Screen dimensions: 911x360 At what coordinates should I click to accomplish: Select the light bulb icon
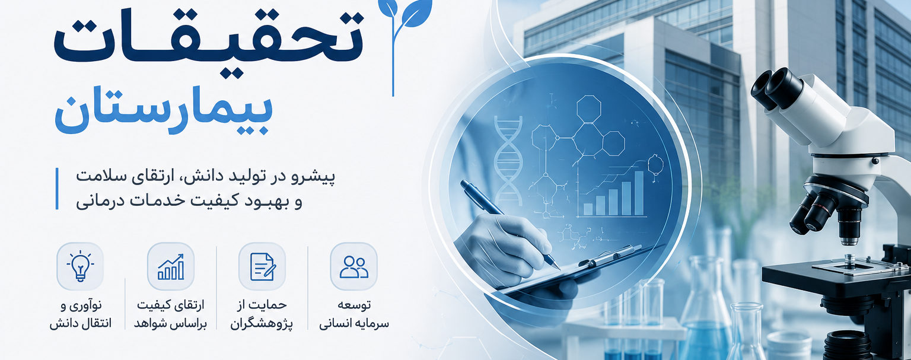(x=80, y=266)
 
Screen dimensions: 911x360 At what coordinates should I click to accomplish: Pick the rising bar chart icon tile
(x=171, y=266)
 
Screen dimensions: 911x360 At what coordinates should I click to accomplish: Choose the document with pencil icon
(x=262, y=266)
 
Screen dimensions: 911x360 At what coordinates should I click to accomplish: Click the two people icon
(x=354, y=267)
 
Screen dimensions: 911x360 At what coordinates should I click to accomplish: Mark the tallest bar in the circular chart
(x=639, y=193)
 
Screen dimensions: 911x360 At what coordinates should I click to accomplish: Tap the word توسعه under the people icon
(x=354, y=305)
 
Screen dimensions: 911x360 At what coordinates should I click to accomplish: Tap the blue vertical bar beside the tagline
(x=57, y=189)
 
